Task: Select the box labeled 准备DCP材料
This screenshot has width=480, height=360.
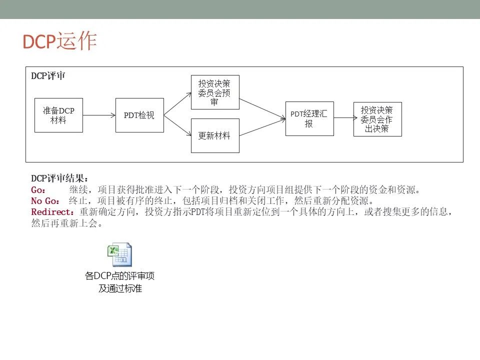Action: [59, 115]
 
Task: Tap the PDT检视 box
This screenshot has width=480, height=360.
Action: [139, 115]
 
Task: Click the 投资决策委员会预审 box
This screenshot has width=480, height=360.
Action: [215, 92]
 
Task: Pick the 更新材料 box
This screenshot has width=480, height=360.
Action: [215, 135]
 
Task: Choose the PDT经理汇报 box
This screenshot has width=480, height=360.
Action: [309, 119]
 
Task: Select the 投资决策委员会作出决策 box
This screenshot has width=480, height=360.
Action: [377, 119]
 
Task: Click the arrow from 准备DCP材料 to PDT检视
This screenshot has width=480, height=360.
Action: [99, 115]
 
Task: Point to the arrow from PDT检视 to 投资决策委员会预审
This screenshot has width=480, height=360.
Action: [177, 104]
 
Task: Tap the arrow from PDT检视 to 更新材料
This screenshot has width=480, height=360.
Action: [177, 125]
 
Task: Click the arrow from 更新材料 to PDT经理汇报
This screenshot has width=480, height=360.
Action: [262, 127]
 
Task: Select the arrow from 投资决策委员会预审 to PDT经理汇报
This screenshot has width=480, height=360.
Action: [262, 108]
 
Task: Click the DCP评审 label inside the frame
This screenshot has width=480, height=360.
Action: [48, 76]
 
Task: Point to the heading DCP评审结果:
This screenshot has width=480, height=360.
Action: [59, 178]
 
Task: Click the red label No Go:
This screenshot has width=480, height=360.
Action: [45, 201]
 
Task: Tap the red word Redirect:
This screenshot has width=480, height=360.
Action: [52, 212]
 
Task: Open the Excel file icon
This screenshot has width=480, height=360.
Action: [119, 254]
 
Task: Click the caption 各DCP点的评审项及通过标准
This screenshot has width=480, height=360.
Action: [119, 282]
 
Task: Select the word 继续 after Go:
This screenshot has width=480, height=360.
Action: [78, 190]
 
